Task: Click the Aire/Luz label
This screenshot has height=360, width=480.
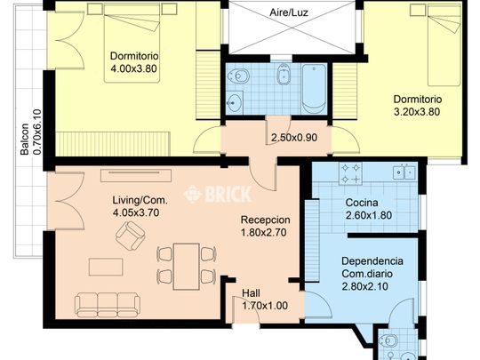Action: point(288,12)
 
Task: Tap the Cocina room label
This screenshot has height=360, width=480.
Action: point(362,203)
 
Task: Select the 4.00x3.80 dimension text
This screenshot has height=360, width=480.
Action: point(133,68)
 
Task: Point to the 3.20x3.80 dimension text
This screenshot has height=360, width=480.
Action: point(417,112)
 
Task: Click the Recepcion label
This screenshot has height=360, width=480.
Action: point(265,220)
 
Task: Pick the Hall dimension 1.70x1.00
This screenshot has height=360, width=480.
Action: point(265,306)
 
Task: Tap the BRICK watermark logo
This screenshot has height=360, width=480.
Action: point(218,195)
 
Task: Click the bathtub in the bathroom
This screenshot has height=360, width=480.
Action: point(314,89)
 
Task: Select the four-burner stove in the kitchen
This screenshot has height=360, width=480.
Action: point(350,173)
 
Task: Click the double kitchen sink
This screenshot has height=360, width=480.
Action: point(404,172)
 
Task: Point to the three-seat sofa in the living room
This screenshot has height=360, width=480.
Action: point(108,305)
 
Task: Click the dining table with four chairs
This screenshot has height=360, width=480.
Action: point(186,267)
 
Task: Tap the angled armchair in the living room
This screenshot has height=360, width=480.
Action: point(130,236)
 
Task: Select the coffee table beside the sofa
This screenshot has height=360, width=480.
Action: point(106,267)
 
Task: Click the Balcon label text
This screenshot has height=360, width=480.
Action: point(25,139)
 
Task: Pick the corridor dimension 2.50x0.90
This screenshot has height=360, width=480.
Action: point(294,138)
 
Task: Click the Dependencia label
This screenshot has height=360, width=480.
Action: point(372,261)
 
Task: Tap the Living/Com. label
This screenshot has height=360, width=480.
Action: point(140,200)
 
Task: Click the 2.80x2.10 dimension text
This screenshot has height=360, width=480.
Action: point(365,286)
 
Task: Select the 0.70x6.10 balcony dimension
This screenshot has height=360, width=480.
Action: point(36,132)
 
